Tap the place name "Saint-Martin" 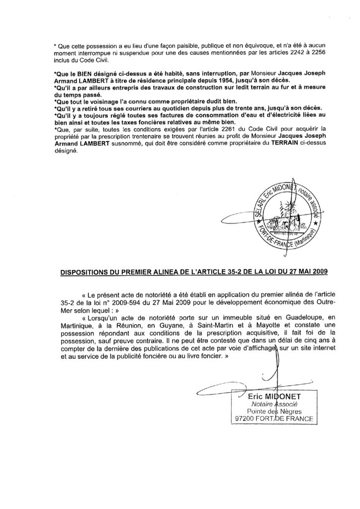[x=191, y=323]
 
